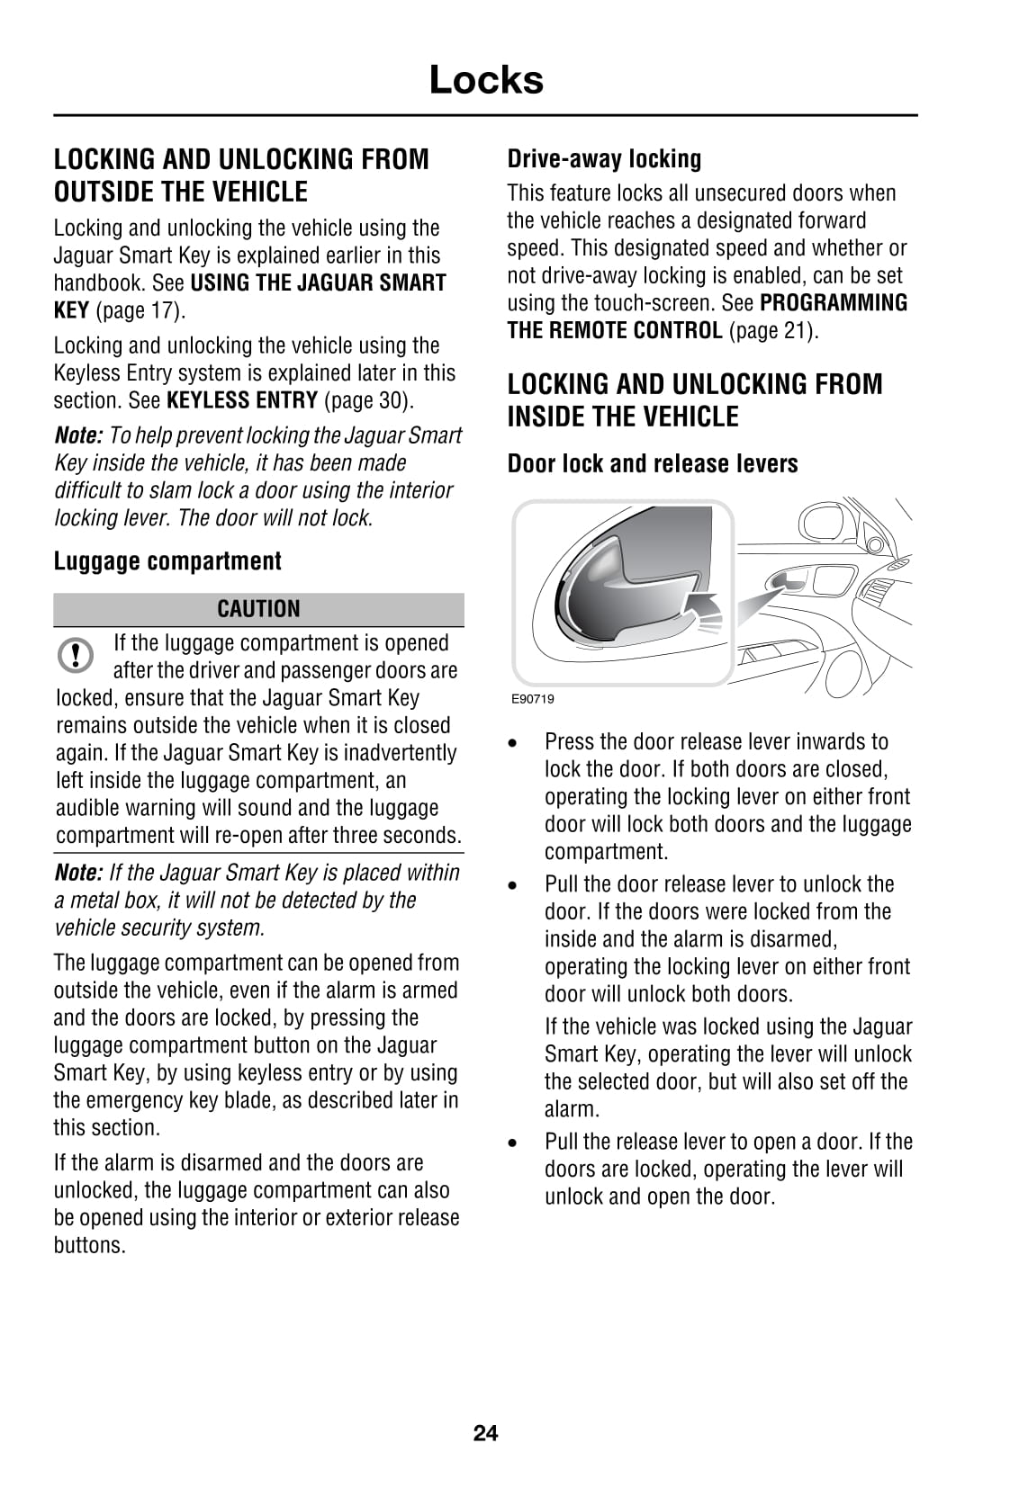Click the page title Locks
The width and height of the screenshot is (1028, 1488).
point(486,80)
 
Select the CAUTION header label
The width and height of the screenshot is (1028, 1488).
point(258,609)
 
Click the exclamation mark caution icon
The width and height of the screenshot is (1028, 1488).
point(76,654)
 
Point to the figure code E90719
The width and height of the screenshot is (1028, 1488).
point(533,699)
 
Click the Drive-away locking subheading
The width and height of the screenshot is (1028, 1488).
point(604,159)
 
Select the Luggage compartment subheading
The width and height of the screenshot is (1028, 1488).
point(167,561)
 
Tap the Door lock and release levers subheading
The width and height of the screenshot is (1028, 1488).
point(653,464)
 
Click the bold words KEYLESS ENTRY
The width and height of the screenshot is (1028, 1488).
point(242,400)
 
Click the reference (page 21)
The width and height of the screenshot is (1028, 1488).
point(773,331)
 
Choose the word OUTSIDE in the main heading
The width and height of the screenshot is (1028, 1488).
point(104,193)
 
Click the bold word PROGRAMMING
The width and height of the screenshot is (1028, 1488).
point(834,303)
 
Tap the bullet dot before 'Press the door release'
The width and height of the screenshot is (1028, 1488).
point(512,744)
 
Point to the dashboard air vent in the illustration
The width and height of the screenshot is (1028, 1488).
point(876,595)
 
